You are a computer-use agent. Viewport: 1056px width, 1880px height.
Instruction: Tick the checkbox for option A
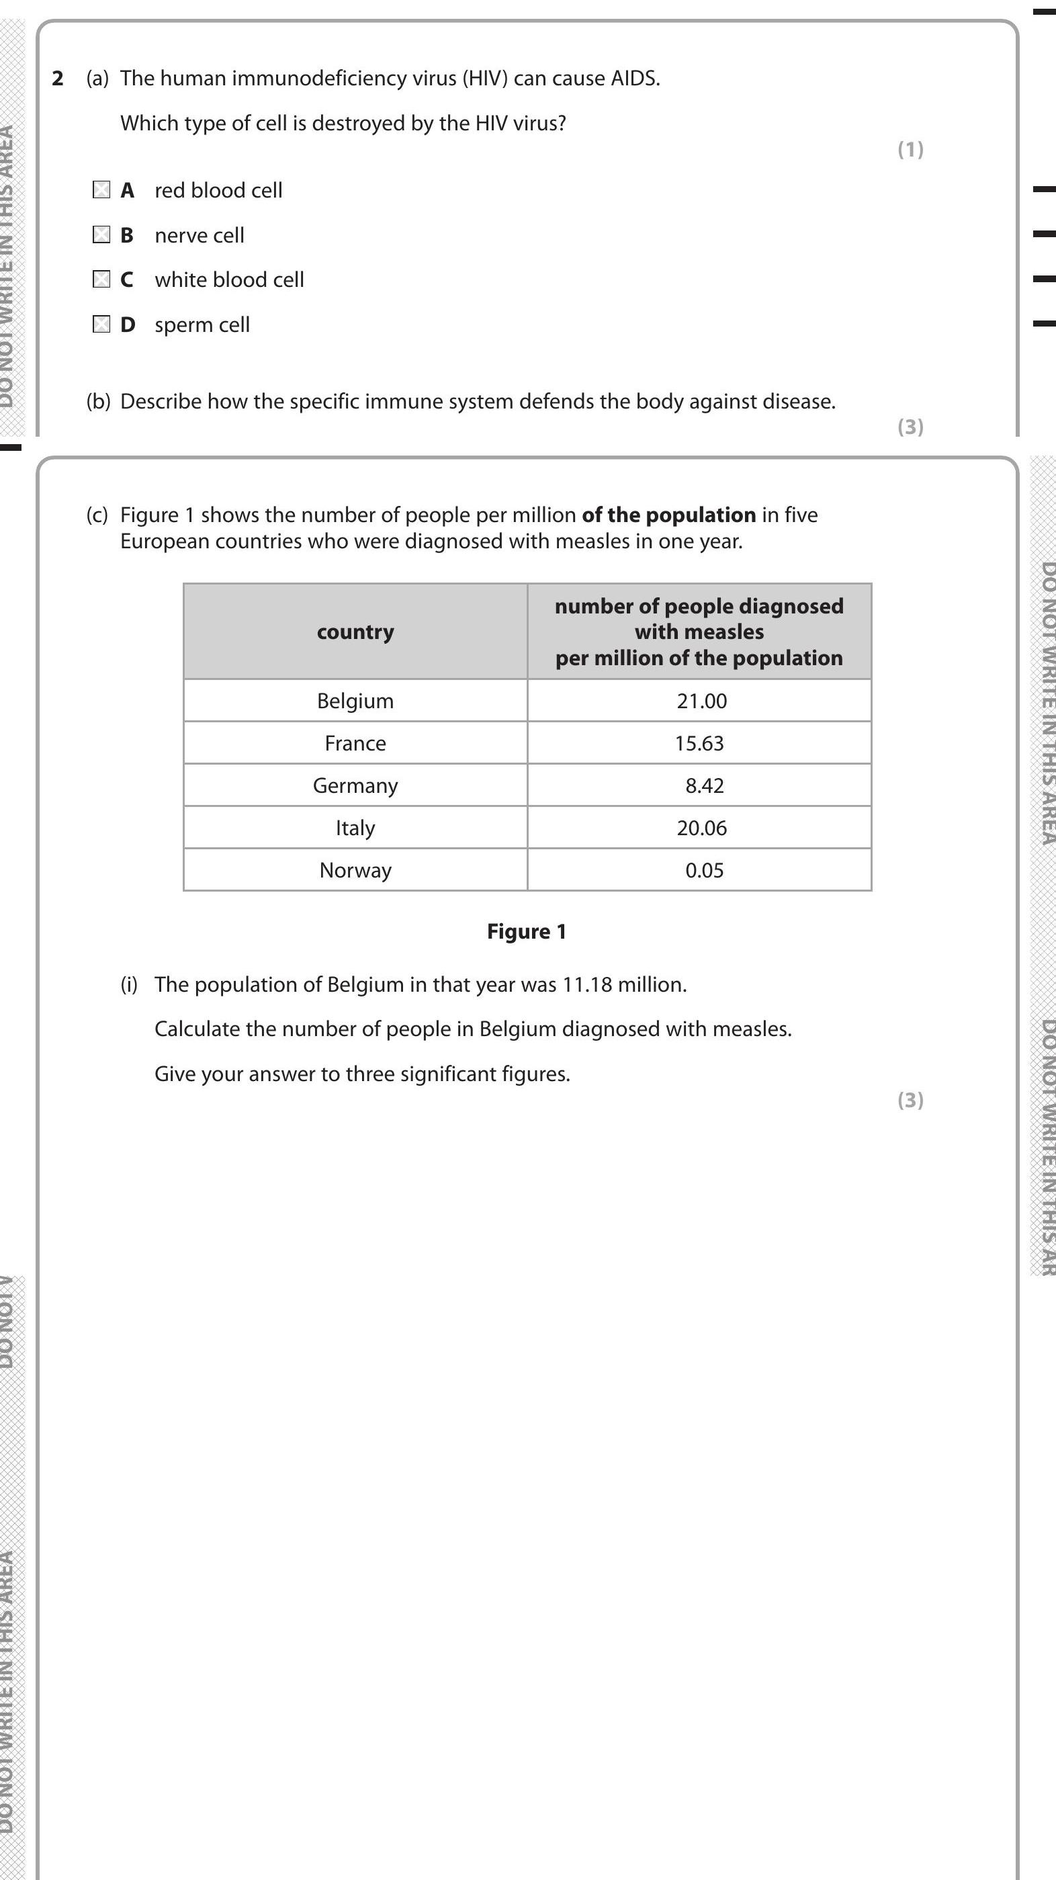pos(101,189)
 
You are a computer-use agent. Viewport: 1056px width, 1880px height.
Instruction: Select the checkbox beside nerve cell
pos(101,235)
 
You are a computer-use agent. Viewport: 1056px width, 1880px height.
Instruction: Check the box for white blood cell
pos(101,280)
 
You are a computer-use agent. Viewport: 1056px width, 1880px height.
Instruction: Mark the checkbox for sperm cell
pos(101,324)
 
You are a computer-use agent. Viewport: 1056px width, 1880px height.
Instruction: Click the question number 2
pos(58,78)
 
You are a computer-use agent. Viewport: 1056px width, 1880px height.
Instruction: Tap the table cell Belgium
pos(355,701)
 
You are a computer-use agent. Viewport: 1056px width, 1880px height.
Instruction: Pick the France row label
pos(355,743)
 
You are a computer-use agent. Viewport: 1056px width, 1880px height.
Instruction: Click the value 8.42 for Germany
pos(704,785)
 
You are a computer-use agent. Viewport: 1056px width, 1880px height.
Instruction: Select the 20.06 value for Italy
pos(701,828)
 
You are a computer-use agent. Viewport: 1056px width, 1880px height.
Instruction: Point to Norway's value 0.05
pos(704,870)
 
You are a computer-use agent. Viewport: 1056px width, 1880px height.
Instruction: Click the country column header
pos(355,632)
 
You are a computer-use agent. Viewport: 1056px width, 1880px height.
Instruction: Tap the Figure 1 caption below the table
pos(526,931)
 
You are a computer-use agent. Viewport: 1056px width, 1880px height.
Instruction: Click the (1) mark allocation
pos(910,150)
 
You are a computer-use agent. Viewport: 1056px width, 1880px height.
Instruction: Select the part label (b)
pos(99,401)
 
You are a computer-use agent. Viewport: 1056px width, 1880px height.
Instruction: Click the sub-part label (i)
pos(128,984)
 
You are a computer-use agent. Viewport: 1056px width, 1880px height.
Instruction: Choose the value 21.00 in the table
pos(701,701)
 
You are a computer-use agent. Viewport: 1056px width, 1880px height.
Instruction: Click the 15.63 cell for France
pos(699,743)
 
